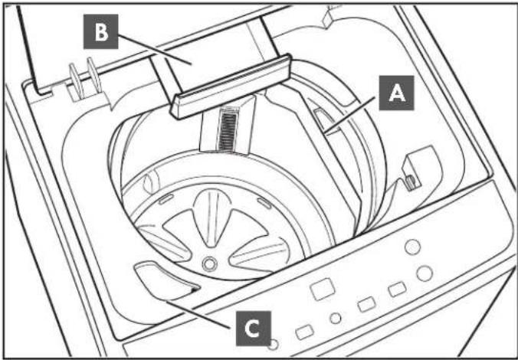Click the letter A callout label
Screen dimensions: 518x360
point(396,93)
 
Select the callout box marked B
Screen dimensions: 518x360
point(100,31)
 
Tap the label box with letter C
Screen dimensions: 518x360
point(254,329)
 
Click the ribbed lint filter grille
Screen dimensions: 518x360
point(227,129)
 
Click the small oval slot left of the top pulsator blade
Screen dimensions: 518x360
point(166,199)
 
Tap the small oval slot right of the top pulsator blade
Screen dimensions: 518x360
point(264,203)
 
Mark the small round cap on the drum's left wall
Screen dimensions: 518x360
point(151,181)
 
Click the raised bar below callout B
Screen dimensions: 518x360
point(231,87)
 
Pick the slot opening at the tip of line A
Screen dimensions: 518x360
point(325,120)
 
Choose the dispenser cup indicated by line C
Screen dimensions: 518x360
point(166,280)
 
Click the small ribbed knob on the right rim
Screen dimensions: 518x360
point(411,183)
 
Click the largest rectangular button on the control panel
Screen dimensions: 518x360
point(322,289)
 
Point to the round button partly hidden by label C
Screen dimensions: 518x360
point(274,344)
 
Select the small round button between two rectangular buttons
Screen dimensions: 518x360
point(336,318)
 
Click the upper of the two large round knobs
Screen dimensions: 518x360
point(412,247)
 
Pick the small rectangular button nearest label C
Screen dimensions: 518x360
point(304,332)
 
